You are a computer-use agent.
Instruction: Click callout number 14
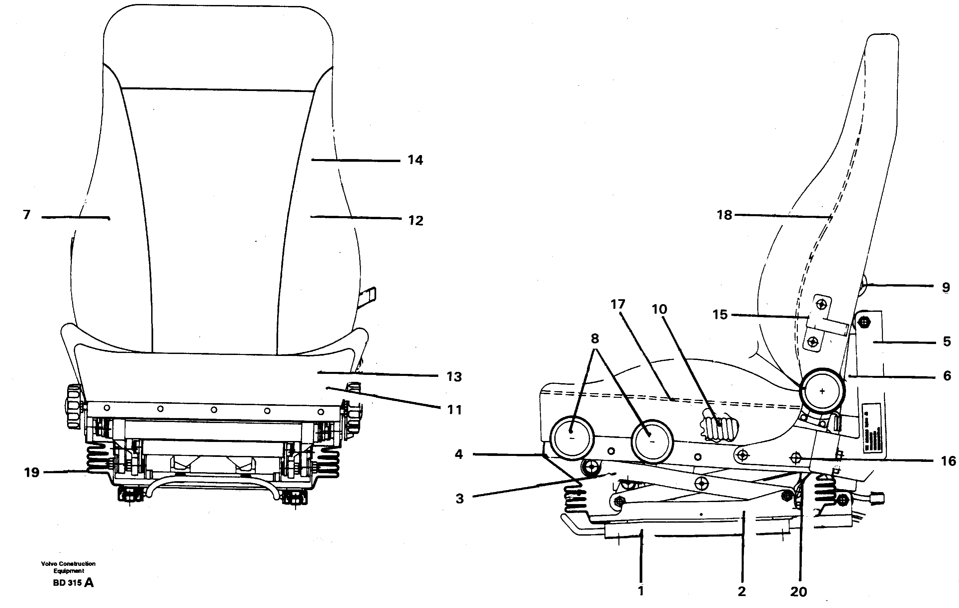(415, 160)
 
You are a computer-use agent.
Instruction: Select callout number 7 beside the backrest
(27, 215)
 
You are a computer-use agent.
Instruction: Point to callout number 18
(724, 215)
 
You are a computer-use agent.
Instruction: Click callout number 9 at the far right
(946, 287)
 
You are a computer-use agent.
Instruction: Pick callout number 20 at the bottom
(798, 592)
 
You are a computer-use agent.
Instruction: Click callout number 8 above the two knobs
(594, 339)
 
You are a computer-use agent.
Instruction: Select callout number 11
(454, 409)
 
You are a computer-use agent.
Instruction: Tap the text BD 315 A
(73, 583)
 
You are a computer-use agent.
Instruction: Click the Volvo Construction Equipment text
(68, 567)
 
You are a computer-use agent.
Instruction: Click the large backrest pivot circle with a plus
(822, 391)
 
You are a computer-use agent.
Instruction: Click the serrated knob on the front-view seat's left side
(74, 406)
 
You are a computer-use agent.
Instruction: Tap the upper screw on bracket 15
(821, 305)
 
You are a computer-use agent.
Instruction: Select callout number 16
(948, 461)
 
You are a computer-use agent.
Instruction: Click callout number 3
(460, 498)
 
